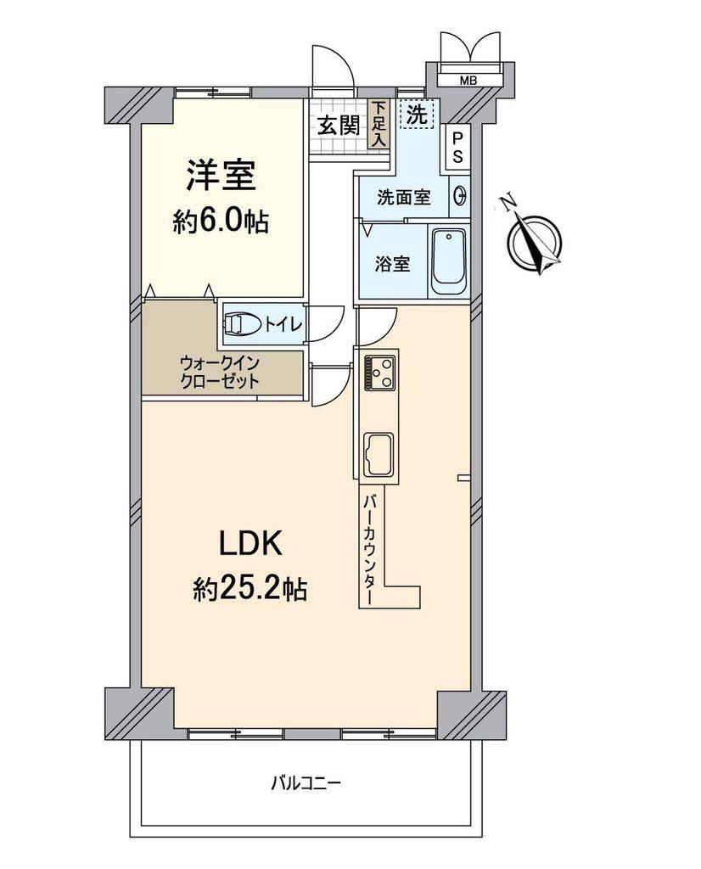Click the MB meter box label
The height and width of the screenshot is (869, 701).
[468, 81]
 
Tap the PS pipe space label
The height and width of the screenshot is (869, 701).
[457, 148]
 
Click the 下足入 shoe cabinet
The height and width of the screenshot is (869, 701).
[379, 124]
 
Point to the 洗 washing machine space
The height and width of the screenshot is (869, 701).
[418, 115]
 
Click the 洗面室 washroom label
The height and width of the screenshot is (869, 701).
[403, 197]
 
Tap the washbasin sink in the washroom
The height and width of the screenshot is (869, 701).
[460, 196]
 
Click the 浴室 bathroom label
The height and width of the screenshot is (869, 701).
[392, 265]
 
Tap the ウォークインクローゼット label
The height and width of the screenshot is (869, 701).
[220, 373]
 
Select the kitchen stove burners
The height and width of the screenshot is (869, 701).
[379, 373]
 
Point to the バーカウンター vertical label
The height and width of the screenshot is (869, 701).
[369, 550]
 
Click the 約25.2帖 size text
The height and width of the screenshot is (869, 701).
[250, 589]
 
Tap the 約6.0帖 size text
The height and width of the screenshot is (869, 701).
[222, 222]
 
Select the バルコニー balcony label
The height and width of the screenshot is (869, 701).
[306, 783]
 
